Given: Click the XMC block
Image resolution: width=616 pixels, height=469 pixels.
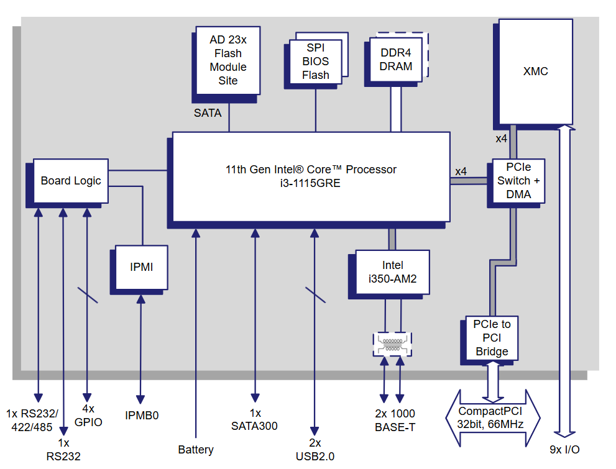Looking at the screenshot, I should (x=535, y=71).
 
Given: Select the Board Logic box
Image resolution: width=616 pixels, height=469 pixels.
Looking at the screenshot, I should (x=70, y=181).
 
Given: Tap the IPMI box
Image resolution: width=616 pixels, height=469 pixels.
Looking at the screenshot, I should (x=141, y=267).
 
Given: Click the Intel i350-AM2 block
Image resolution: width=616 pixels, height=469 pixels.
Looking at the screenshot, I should (x=392, y=273).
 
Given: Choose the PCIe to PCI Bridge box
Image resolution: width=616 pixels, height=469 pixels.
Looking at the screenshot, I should (x=492, y=337).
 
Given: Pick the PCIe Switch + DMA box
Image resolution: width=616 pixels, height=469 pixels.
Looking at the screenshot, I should (x=518, y=181).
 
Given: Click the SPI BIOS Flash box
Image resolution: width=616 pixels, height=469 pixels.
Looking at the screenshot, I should (x=316, y=61).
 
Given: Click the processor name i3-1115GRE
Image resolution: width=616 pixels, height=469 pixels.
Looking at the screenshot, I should (x=311, y=183).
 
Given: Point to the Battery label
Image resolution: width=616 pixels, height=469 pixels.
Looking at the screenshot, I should (x=196, y=449).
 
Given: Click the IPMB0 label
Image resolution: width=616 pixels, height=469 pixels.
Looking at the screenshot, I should (x=142, y=416).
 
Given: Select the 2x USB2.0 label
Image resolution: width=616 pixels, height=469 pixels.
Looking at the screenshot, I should (x=315, y=449).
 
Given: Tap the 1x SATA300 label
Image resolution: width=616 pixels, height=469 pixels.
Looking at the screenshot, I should (x=254, y=420).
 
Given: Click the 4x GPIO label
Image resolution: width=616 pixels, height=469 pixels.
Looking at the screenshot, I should (x=88, y=416).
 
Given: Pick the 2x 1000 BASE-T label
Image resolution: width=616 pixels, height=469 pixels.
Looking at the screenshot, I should (x=395, y=421).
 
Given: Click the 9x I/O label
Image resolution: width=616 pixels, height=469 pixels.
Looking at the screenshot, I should (x=564, y=449).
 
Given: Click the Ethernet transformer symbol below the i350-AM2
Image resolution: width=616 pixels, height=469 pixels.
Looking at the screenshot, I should (x=392, y=344).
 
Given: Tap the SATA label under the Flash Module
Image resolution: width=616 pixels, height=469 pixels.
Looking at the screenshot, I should (x=208, y=113).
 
